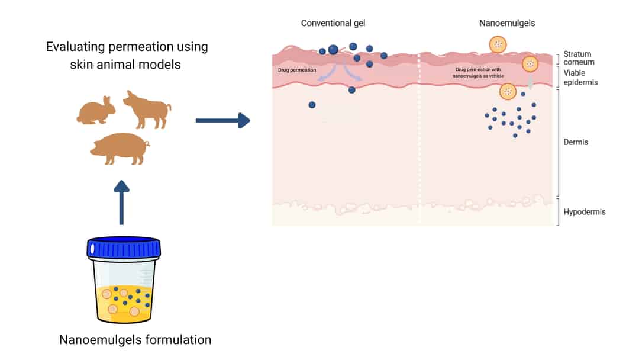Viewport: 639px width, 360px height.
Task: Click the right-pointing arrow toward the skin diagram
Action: coord(222,121)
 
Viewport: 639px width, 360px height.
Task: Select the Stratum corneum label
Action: coord(579,58)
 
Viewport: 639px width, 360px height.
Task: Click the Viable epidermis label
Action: coord(580,78)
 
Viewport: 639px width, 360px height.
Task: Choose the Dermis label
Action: coord(576,142)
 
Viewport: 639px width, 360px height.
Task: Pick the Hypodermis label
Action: coord(585,211)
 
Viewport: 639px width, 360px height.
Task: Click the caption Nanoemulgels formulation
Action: coord(135,340)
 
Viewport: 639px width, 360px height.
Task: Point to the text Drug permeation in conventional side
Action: coord(297,70)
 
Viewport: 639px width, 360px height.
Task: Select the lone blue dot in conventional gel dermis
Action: coord(312,105)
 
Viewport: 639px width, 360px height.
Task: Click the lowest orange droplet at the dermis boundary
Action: coord(507,91)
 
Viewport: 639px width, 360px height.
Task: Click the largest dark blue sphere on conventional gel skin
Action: coord(333,49)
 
